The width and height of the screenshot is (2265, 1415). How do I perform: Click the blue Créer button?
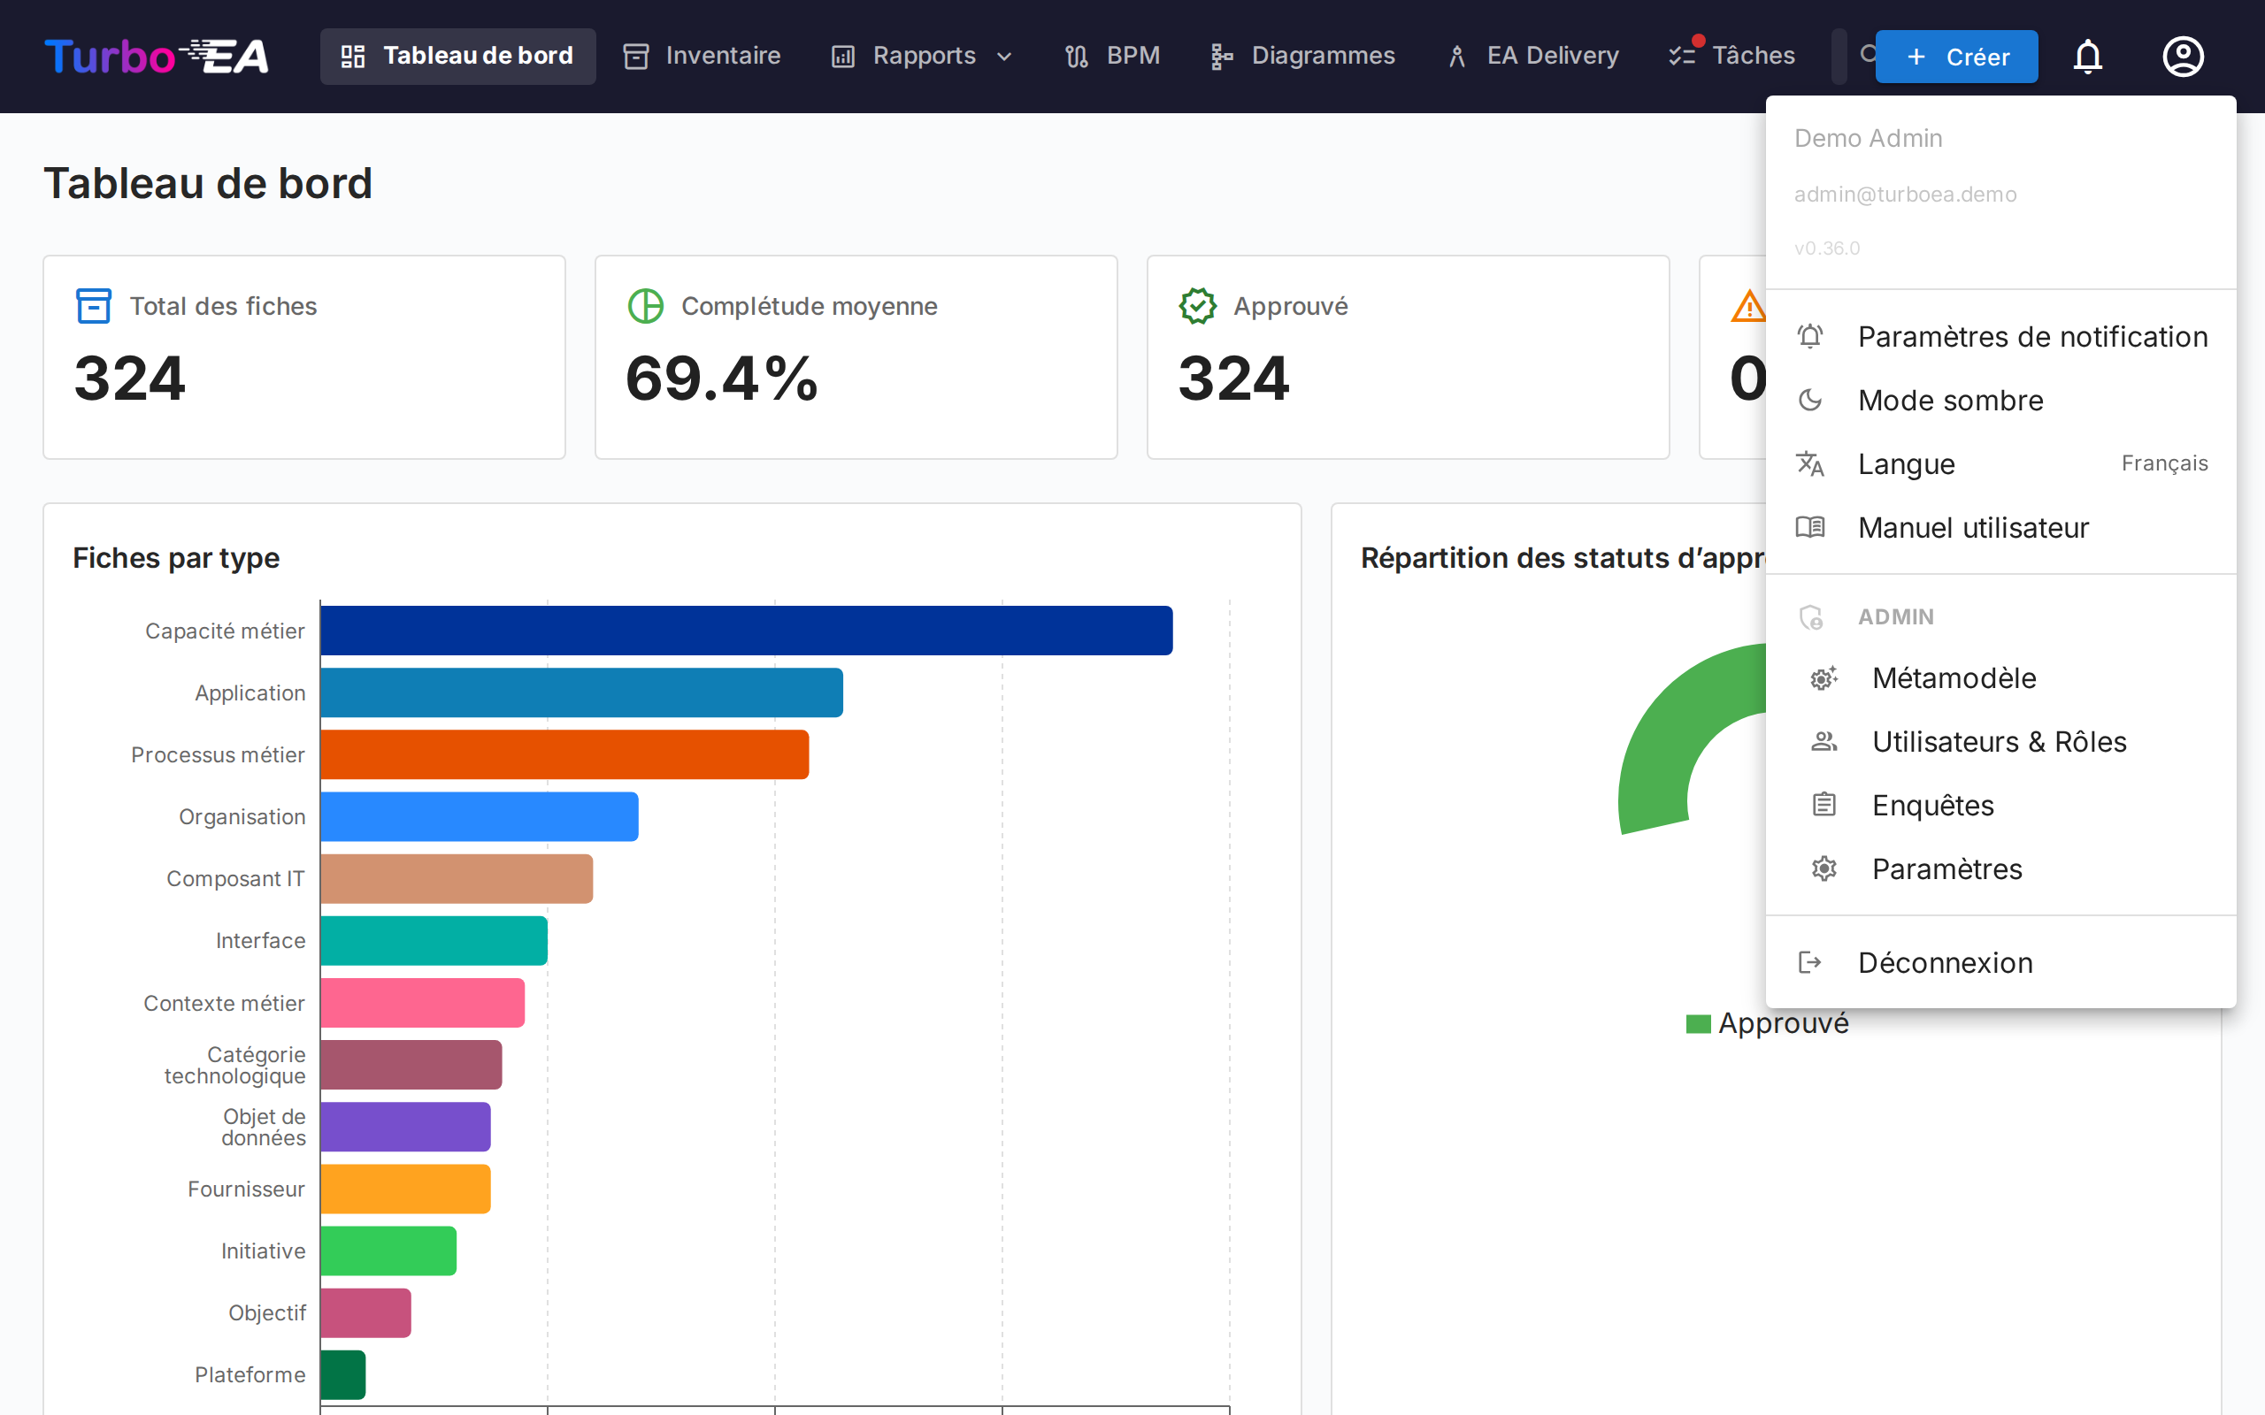1956,57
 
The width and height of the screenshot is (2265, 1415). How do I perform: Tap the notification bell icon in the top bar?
2087,57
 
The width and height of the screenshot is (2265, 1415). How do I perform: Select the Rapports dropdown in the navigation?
922,56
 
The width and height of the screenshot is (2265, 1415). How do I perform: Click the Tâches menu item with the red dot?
1732,56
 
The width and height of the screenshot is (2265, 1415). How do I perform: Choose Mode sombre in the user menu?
1951,401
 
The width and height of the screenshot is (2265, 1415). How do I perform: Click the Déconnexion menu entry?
1945,963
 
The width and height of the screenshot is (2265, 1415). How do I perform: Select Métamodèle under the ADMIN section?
1954,678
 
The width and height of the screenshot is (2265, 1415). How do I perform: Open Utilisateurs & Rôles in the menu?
1999,742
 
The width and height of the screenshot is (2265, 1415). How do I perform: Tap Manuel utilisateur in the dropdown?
1972,528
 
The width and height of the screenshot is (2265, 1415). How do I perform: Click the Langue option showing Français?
2000,464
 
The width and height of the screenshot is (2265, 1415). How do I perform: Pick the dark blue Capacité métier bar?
746,631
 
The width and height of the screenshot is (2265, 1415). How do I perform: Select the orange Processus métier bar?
564,754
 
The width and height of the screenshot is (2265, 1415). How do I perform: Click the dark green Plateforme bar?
342,1374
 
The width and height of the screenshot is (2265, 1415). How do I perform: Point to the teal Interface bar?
434,940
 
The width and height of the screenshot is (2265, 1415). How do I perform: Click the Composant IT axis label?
235,879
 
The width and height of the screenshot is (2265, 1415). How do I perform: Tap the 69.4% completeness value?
722,379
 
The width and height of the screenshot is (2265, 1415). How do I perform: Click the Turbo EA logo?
157,56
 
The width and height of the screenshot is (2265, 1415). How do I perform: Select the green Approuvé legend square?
1698,1024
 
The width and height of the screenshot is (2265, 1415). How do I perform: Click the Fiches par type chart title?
176,558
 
